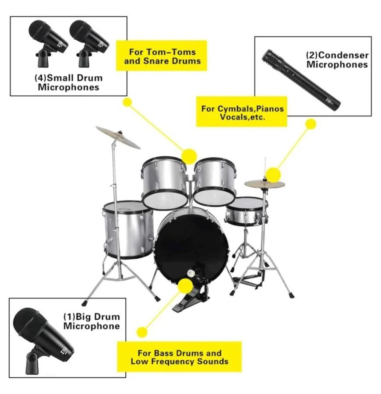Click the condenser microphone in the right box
pos(301,79)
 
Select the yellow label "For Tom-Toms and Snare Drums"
pos(161,56)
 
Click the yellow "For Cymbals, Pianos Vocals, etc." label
pos(241,111)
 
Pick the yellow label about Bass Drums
pos(180,357)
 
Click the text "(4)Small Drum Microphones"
pos(68,82)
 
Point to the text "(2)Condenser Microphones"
pos(337,60)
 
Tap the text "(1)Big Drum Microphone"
pos(92,321)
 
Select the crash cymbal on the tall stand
pos(118,137)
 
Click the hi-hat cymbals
pos(265,184)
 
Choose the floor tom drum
pos(128,230)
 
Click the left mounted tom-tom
pos(164,183)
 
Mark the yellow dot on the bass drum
pos(185,286)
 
